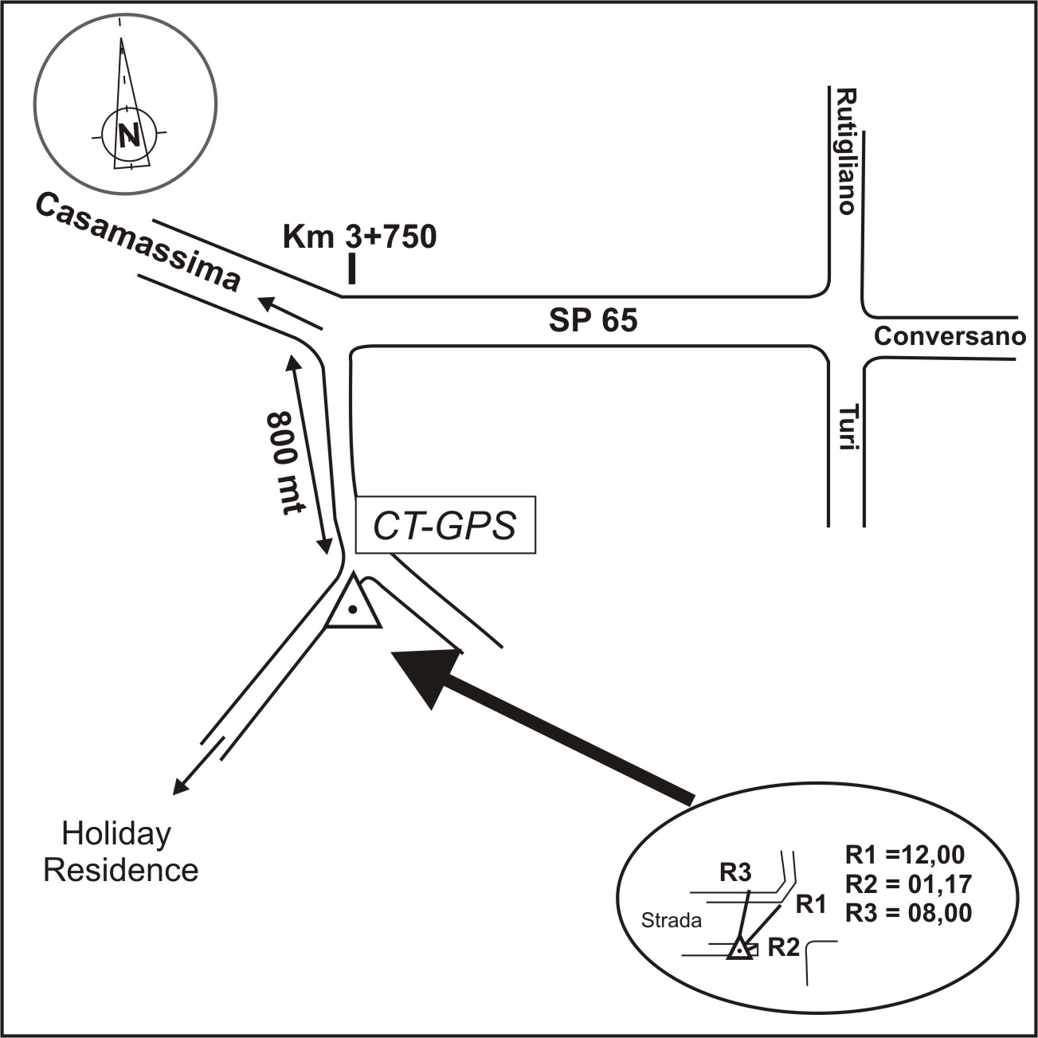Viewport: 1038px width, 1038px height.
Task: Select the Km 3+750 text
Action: (x=360, y=237)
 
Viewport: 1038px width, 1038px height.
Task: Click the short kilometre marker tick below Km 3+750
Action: (x=351, y=269)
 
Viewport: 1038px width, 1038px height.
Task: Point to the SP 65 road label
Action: (x=593, y=320)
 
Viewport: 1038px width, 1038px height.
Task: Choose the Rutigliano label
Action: (x=845, y=151)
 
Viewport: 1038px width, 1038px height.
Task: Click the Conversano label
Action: (x=950, y=336)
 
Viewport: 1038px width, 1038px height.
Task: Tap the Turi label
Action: (x=846, y=429)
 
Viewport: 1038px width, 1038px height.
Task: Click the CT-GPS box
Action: (x=445, y=526)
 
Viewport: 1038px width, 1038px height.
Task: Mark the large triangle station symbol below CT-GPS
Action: (x=352, y=605)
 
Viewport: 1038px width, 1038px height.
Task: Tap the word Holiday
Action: (x=116, y=834)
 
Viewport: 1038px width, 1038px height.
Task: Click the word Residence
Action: (x=120, y=869)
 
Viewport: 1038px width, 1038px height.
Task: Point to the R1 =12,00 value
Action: (x=904, y=855)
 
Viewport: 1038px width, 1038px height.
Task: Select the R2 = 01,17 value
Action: (x=907, y=883)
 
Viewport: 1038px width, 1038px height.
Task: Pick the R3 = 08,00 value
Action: (x=908, y=912)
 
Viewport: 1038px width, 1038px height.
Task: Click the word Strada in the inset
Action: (x=672, y=921)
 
